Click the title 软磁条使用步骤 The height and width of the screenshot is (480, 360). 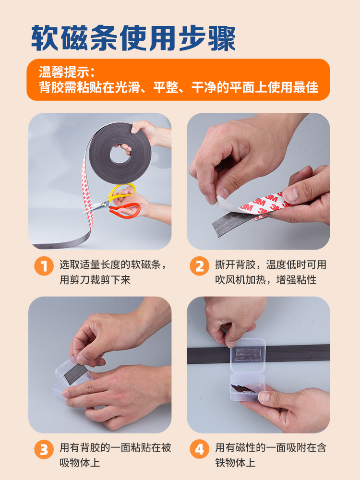click(133, 38)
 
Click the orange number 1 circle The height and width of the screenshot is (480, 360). click(44, 266)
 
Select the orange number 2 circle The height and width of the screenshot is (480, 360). click(200, 266)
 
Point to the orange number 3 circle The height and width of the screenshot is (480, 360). click(44, 449)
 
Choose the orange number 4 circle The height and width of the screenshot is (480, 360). click(200, 449)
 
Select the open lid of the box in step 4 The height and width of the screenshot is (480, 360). click(248, 355)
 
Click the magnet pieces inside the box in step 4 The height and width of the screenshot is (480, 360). click(243, 389)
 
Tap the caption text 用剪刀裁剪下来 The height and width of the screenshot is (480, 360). click(95, 279)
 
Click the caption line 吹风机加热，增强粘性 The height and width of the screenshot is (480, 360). click(266, 279)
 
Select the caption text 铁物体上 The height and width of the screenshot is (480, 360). click(235, 463)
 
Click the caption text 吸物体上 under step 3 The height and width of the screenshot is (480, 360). click(80, 463)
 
